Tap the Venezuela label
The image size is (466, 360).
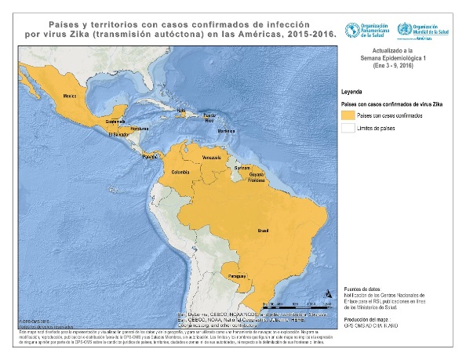(213, 158)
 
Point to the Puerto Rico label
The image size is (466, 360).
(209, 118)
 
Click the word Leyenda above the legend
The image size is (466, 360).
(351, 91)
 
